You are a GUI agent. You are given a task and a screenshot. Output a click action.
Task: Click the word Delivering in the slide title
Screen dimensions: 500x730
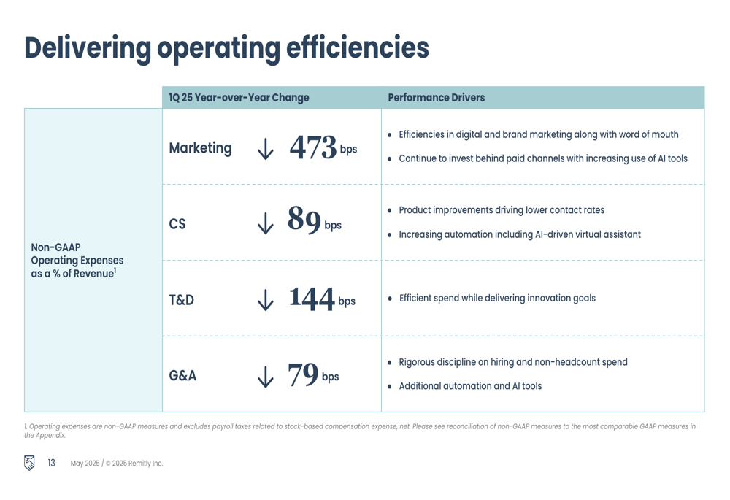tap(88, 47)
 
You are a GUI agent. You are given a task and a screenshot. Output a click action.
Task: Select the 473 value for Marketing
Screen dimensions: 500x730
tap(313, 147)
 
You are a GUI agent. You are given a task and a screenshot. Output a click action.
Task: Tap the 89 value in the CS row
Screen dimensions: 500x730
tap(304, 220)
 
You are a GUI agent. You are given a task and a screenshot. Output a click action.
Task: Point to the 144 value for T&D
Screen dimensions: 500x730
tap(312, 298)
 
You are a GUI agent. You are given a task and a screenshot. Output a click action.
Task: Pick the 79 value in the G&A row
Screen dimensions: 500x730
tap(303, 374)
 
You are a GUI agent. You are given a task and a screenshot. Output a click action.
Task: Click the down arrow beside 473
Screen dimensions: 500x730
tap(265, 148)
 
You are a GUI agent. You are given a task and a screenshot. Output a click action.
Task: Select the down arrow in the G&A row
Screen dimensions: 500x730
tap(265, 376)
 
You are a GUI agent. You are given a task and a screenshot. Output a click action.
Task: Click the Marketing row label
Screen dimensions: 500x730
tap(200, 148)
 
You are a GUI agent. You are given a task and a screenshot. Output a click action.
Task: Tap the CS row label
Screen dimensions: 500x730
tap(177, 224)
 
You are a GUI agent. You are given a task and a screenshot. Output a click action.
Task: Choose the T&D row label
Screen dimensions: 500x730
tap(182, 300)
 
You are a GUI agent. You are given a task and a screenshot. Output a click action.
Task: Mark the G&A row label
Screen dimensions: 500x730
tap(182, 376)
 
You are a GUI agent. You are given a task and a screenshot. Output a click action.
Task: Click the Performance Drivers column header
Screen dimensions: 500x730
tap(436, 98)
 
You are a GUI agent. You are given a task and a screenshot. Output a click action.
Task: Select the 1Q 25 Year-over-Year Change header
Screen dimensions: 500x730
tap(239, 98)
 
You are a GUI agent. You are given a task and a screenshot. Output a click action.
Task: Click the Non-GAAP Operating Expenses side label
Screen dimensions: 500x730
tap(77, 260)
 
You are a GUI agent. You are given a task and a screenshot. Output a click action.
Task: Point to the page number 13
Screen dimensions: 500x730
tap(51, 463)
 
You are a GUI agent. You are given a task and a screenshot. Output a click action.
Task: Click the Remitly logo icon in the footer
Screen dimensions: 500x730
tap(29, 463)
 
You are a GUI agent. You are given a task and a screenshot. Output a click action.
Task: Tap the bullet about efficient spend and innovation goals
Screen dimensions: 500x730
tap(496, 298)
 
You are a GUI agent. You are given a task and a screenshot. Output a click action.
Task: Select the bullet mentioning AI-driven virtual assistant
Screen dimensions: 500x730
tap(519, 235)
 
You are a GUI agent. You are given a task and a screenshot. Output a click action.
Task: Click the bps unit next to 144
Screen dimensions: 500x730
tap(346, 301)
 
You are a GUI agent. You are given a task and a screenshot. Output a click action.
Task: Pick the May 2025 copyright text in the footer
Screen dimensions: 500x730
tap(116, 464)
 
